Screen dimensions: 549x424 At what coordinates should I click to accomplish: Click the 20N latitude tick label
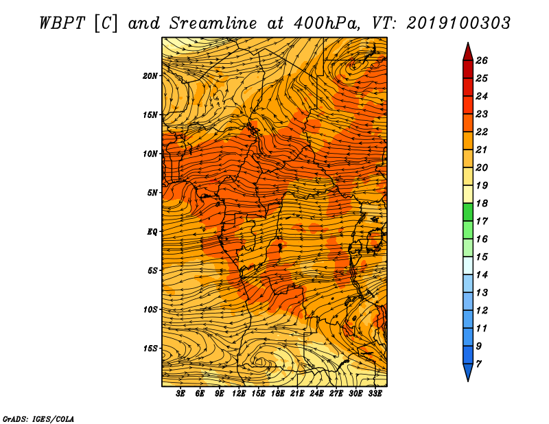pos(150,76)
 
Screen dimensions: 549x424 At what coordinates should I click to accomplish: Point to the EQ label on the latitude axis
pos(152,232)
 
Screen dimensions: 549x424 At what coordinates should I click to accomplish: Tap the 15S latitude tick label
pos(150,349)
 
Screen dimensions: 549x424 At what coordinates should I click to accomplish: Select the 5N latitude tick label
pos(152,193)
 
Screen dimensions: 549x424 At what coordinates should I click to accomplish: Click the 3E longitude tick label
pos(180,394)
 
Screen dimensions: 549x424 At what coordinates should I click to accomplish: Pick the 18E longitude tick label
pos(278,394)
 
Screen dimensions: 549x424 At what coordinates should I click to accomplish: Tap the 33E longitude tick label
pos(375,394)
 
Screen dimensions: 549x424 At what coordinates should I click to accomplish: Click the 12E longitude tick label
pos(239,394)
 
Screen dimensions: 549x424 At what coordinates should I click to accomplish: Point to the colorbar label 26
pos(482,60)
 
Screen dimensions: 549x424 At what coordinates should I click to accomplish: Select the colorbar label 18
pos(482,203)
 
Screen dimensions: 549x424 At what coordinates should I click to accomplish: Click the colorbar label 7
pos(478,364)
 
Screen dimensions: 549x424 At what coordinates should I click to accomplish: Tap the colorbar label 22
pos(482,132)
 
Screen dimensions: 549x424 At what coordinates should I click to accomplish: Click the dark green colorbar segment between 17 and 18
pos(468,212)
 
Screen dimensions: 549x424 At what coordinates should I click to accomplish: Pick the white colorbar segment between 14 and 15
pos(468,266)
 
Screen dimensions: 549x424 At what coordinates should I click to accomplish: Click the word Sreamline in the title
pos(213,23)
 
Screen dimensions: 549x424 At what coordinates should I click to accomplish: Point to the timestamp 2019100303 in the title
pos(458,23)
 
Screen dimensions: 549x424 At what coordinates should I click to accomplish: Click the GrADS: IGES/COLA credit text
pos(38,419)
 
